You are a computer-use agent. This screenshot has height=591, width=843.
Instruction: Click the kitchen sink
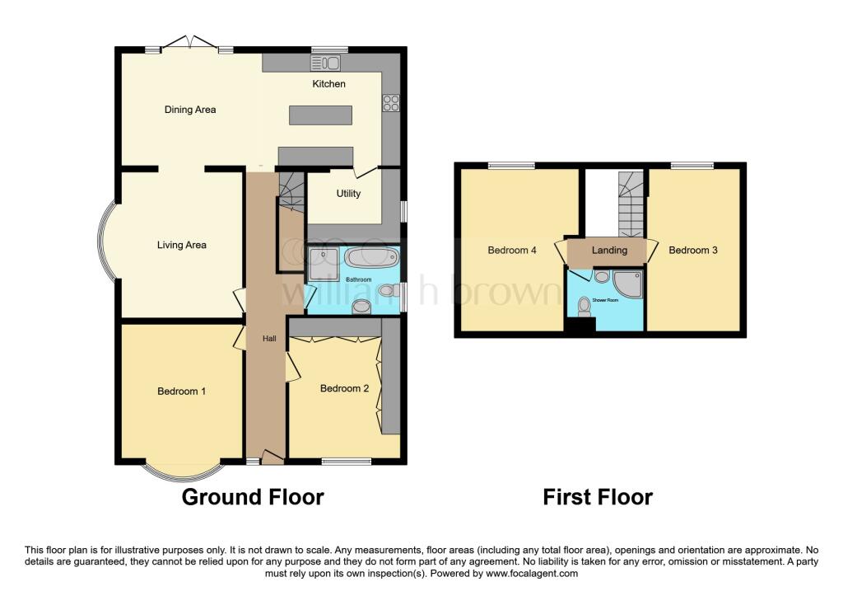(326, 63)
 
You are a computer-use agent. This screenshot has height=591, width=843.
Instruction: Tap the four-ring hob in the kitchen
(391, 103)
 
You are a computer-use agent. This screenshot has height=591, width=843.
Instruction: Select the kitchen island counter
(320, 115)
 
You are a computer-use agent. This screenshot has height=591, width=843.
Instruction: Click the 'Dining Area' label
(190, 110)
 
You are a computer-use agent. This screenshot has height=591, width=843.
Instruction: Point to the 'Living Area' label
(182, 245)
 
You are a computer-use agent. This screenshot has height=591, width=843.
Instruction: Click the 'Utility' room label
(348, 194)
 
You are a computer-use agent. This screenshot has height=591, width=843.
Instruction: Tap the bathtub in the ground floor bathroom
(370, 257)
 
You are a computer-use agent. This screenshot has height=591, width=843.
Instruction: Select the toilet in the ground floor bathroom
(361, 307)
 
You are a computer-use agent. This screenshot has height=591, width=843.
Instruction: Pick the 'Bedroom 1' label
(181, 392)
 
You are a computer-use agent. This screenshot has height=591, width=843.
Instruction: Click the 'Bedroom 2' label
(344, 388)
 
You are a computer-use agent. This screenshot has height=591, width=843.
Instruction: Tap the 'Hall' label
(269, 339)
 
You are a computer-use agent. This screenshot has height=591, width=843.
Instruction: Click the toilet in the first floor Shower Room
(585, 306)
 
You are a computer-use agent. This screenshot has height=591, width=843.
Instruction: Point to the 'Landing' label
(609, 251)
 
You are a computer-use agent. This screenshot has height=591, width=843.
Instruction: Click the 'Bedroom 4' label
(512, 251)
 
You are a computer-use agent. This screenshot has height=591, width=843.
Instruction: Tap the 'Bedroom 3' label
(692, 251)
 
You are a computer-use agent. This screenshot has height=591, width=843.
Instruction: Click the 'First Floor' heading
(598, 497)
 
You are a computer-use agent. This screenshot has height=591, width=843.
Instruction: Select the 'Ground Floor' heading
(252, 497)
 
